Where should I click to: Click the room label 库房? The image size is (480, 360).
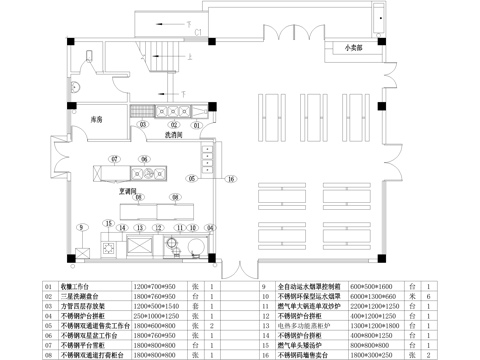pos(97,119)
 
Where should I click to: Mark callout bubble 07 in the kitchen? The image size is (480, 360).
pos(115,159)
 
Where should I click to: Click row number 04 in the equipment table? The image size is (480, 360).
pos(50,315)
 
